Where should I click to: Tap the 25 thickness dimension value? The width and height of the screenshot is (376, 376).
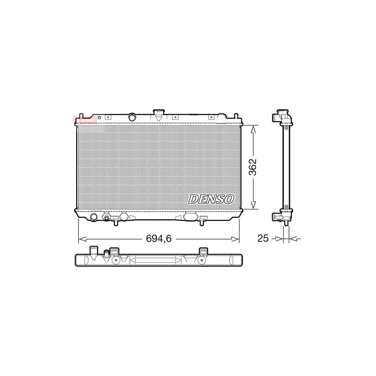coord(262,239)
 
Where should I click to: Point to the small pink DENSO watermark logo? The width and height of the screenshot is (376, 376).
coord(85,120)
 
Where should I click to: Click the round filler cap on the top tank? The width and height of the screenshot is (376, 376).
coord(132,117)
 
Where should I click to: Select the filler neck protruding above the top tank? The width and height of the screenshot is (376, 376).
coord(159,113)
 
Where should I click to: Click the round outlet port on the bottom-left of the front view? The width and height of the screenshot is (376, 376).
coord(94,217)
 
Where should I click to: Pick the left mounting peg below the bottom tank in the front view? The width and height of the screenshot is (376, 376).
coord(115,224)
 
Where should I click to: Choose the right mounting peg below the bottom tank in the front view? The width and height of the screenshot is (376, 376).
coord(203,224)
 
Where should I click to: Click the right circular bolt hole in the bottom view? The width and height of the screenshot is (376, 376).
coord(202,260)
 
